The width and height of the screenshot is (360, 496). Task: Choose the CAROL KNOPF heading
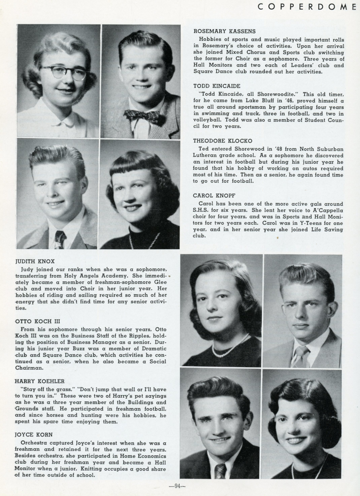coord(210,196)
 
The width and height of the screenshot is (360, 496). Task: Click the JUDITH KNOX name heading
coord(35,261)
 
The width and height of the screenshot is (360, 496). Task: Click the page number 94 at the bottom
coord(177,486)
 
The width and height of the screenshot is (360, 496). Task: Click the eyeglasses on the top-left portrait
coord(68,72)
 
